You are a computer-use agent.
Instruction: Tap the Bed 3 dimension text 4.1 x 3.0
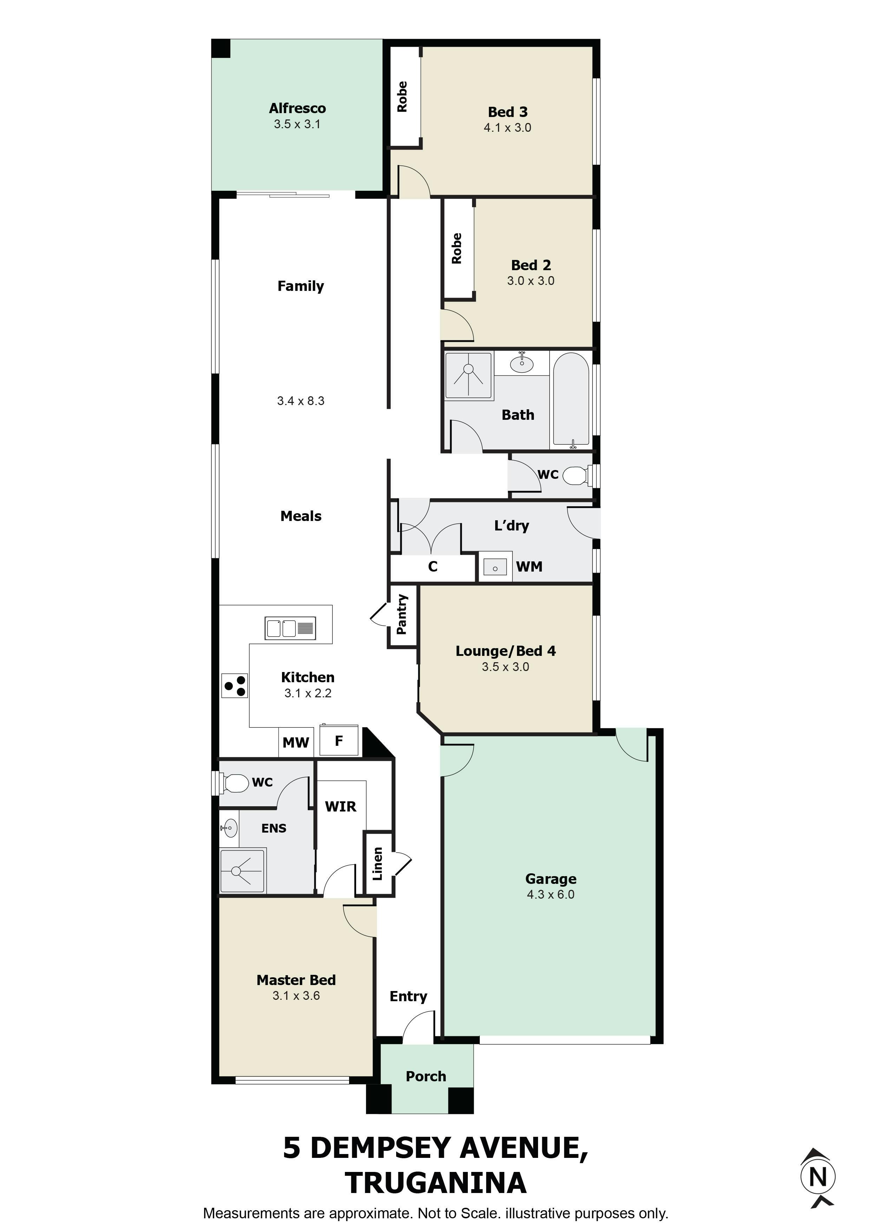pos(507,128)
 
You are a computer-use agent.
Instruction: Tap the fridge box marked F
pos(339,741)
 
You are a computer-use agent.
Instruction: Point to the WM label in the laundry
pos(529,567)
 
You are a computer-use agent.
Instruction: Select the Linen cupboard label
pos(378,864)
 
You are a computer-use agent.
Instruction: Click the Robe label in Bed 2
pos(457,248)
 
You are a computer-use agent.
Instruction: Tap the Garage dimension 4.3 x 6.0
pos(551,894)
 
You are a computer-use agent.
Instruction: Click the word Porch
pos(426,1076)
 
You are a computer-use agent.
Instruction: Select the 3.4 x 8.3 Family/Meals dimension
pos(301,401)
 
